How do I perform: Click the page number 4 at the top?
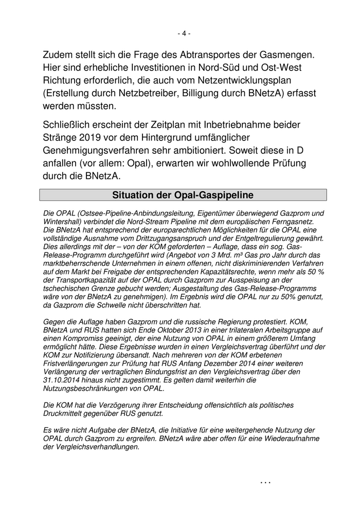click(184, 33)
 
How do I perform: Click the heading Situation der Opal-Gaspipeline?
click(184, 195)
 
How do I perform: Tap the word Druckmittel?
click(66, 413)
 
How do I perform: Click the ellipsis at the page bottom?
click(265, 483)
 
